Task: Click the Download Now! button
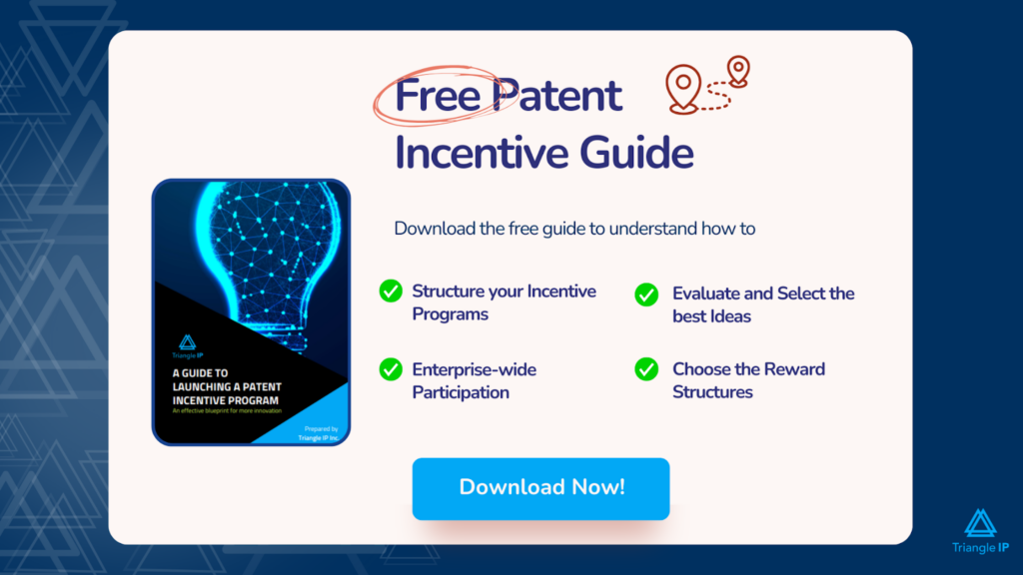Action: (540, 488)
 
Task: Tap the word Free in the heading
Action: (435, 96)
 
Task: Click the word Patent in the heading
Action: (559, 96)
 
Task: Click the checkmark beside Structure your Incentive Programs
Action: (391, 291)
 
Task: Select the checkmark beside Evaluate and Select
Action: (646, 294)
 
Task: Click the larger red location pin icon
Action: (682, 88)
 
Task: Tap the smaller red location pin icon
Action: (738, 71)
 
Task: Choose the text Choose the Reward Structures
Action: (748, 380)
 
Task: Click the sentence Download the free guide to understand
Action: (574, 228)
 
